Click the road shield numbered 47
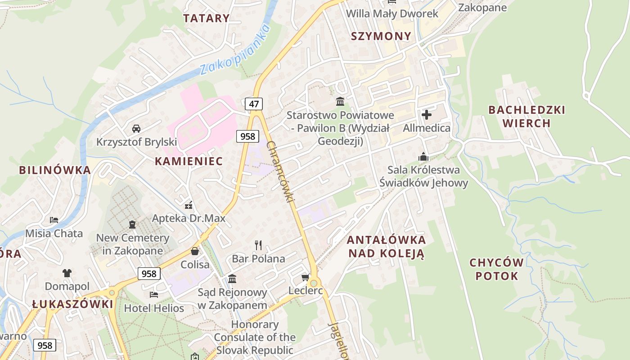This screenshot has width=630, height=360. (254, 104)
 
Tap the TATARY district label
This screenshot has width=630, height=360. (207, 18)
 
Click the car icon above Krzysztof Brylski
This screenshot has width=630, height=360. (136, 129)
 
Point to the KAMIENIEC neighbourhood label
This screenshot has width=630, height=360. (189, 161)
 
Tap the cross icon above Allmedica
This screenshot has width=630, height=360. (427, 115)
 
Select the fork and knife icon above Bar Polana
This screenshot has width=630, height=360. (258, 245)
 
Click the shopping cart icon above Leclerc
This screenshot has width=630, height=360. (306, 278)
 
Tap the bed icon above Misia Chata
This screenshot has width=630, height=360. (54, 220)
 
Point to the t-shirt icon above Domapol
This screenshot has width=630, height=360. (67, 273)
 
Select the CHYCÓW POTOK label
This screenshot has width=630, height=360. (497, 269)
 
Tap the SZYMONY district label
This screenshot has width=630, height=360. (381, 36)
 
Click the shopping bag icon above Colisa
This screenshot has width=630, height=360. (195, 251)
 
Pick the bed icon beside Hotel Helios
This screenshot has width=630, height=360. (154, 295)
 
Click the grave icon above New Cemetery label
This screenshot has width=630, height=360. (132, 224)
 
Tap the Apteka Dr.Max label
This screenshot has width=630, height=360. (189, 219)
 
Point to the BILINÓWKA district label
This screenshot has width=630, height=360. (54, 170)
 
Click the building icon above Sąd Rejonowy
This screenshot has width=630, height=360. (232, 279)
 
